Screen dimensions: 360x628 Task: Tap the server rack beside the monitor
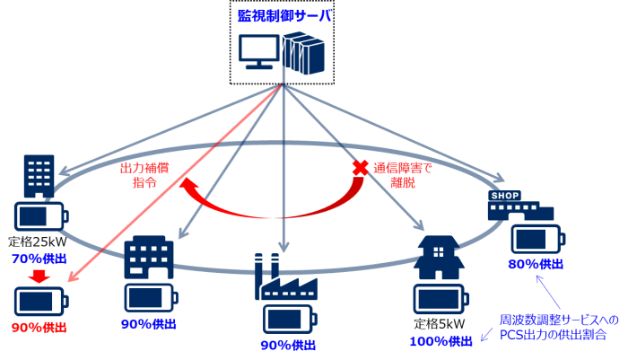click(302, 52)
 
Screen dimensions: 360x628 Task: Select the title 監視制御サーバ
click(284, 15)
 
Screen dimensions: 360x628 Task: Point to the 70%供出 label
click(39, 259)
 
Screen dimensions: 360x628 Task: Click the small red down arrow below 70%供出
click(39, 276)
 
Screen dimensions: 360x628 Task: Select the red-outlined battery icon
click(40, 301)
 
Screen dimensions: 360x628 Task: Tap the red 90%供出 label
click(39, 328)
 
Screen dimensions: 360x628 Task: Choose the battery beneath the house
click(440, 299)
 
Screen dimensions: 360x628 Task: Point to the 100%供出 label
click(440, 341)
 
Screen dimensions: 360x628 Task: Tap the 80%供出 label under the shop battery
click(536, 264)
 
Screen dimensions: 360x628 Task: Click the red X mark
click(360, 168)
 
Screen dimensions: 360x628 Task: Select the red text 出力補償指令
click(144, 174)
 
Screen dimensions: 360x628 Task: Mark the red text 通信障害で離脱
click(403, 174)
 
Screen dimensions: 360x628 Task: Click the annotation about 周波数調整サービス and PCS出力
click(558, 327)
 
